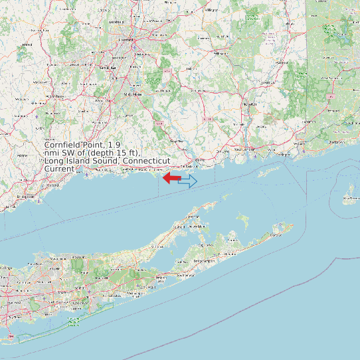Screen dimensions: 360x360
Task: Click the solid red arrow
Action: tap(172, 178)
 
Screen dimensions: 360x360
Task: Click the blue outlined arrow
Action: tap(188, 181)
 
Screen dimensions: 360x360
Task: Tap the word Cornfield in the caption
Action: tap(66, 145)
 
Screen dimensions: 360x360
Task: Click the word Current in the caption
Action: tap(59, 169)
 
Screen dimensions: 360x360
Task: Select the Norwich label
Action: tap(250, 104)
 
